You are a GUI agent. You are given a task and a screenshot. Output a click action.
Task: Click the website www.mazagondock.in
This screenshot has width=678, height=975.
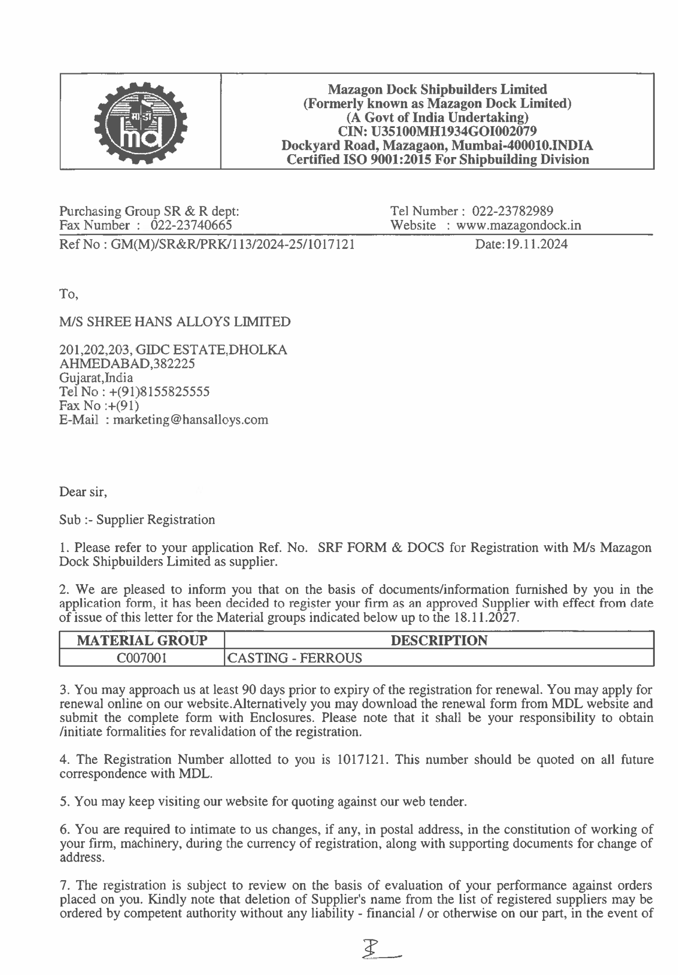click(519, 225)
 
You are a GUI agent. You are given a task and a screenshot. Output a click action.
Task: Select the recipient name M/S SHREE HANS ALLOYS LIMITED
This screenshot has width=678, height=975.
click(175, 322)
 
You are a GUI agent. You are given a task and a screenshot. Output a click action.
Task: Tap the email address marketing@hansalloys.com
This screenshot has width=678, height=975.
click(191, 419)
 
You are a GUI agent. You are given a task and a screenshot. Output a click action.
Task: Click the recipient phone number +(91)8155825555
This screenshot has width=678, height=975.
click(159, 392)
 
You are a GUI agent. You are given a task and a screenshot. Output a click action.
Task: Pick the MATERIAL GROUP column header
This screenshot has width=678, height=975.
click(142, 640)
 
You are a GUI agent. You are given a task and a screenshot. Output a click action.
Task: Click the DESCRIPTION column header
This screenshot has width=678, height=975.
click(439, 640)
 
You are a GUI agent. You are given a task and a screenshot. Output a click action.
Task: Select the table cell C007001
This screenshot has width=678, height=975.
click(142, 658)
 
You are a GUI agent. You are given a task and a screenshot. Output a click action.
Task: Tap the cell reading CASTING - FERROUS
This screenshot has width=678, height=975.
click(294, 658)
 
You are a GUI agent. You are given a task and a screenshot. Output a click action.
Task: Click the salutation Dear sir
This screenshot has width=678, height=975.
click(83, 492)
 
